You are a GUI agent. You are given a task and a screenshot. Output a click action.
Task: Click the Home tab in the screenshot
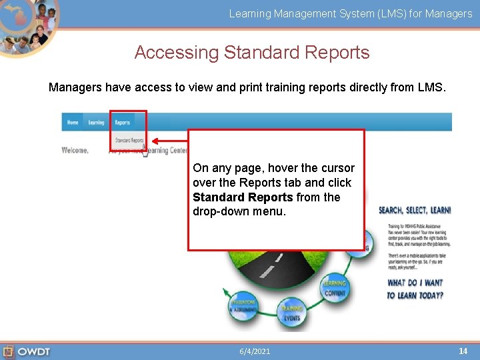[x=73, y=123]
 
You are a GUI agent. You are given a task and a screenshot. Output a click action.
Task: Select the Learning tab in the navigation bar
[x=97, y=123]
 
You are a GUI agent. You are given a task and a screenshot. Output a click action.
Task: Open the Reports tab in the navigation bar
[x=122, y=123]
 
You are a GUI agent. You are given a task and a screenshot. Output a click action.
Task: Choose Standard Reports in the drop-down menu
[x=129, y=141]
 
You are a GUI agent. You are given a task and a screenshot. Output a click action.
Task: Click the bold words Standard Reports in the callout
[x=243, y=197]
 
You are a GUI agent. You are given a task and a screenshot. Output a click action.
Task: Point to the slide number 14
[x=463, y=351]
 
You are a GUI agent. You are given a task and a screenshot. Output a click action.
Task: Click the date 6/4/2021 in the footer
[x=255, y=351]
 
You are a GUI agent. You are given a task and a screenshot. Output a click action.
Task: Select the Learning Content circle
[x=335, y=288]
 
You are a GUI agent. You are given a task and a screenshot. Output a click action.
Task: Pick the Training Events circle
[x=291, y=313]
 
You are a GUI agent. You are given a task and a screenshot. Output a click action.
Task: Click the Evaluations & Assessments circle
[x=243, y=306]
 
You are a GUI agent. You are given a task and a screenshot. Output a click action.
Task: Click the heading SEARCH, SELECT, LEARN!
[x=415, y=210]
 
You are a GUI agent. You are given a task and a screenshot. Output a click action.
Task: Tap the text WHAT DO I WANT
[x=415, y=283]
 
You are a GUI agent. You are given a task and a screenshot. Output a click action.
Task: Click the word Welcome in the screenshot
[x=75, y=151]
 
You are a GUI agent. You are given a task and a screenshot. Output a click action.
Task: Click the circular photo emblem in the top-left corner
[x=28, y=27]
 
